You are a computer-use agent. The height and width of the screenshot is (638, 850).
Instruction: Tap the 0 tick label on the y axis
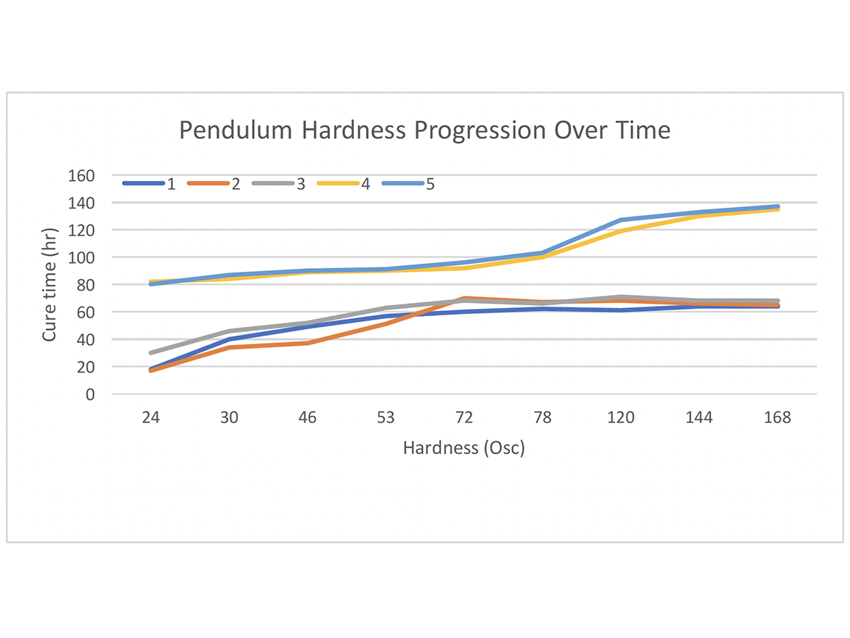[90, 395]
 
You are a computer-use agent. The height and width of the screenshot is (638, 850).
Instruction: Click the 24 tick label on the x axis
[150, 418]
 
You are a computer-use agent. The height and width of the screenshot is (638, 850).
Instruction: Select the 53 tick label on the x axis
[386, 418]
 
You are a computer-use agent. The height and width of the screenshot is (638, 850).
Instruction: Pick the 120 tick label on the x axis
[621, 418]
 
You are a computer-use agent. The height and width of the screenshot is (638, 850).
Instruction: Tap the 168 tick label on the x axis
[777, 418]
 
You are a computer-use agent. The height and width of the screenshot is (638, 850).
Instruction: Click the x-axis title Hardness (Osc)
[464, 448]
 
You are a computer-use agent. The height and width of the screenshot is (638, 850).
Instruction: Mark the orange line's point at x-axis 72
[464, 299]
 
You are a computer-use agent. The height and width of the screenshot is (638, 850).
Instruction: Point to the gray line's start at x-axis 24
[150, 352]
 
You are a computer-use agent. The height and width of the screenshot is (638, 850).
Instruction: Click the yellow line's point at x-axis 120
[621, 231]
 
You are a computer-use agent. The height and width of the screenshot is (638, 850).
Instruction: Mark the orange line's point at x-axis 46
[307, 343]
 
